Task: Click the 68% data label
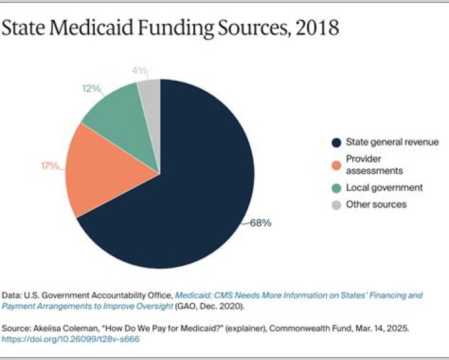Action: [260, 223]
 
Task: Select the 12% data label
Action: [91, 89]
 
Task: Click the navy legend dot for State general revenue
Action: [336, 142]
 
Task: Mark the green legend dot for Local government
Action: [336, 187]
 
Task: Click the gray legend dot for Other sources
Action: [336, 204]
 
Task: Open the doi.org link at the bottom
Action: [70, 339]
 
